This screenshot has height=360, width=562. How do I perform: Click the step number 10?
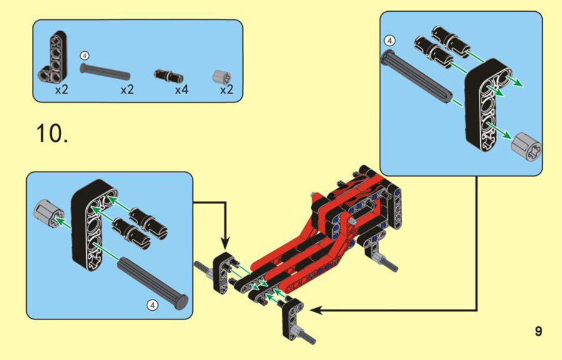[52, 134]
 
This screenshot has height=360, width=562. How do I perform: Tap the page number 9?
[538, 331]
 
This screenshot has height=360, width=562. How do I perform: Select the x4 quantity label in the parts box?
[181, 90]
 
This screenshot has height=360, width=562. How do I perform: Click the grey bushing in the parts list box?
[222, 78]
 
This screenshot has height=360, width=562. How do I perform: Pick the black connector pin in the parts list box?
[169, 75]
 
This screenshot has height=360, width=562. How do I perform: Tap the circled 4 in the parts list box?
[84, 56]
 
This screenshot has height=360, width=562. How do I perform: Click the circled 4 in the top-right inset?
[390, 41]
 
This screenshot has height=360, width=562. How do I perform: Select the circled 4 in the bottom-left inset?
[153, 305]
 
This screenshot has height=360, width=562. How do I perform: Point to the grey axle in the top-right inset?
[417, 76]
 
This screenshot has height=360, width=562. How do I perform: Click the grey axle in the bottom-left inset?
[153, 282]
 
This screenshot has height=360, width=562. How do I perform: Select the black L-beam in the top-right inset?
[488, 104]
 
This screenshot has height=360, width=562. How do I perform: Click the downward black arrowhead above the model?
[225, 243]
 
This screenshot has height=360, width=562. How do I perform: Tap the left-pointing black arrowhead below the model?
[316, 310]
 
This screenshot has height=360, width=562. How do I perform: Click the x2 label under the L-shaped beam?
[62, 90]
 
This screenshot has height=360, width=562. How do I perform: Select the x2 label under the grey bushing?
[227, 90]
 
